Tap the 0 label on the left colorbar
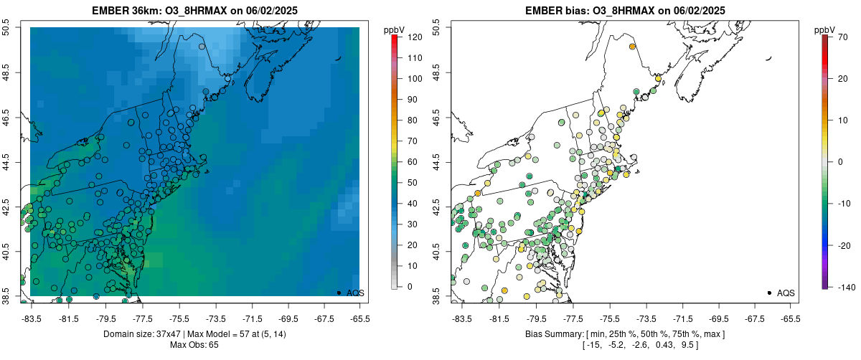(x=409, y=286)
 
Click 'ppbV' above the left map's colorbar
(x=395, y=29)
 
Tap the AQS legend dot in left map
(x=339, y=293)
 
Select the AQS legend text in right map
(x=786, y=293)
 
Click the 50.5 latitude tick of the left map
(x=6, y=28)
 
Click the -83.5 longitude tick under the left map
(x=32, y=318)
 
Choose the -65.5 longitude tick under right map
(x=790, y=318)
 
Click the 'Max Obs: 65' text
(x=194, y=345)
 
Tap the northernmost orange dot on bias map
(x=632, y=47)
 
